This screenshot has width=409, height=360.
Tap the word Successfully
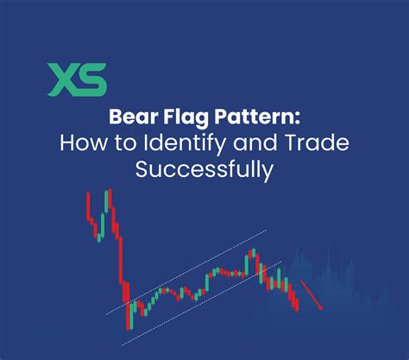pos(203,169)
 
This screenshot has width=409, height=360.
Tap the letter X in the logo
pos(63,79)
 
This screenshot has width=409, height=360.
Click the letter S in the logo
pos(94,79)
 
